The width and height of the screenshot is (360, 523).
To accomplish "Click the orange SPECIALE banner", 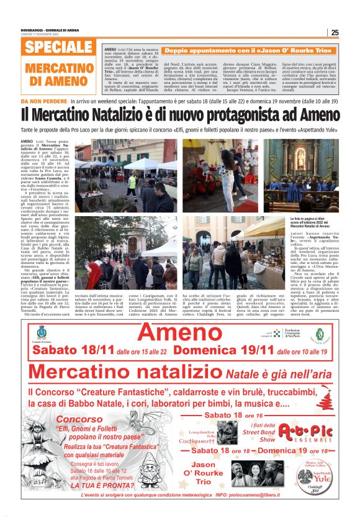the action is coord(60,47).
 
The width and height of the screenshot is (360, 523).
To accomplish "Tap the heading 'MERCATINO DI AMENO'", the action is coord(60,73).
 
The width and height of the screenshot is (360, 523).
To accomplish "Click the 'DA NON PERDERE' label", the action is coord(43,100).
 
